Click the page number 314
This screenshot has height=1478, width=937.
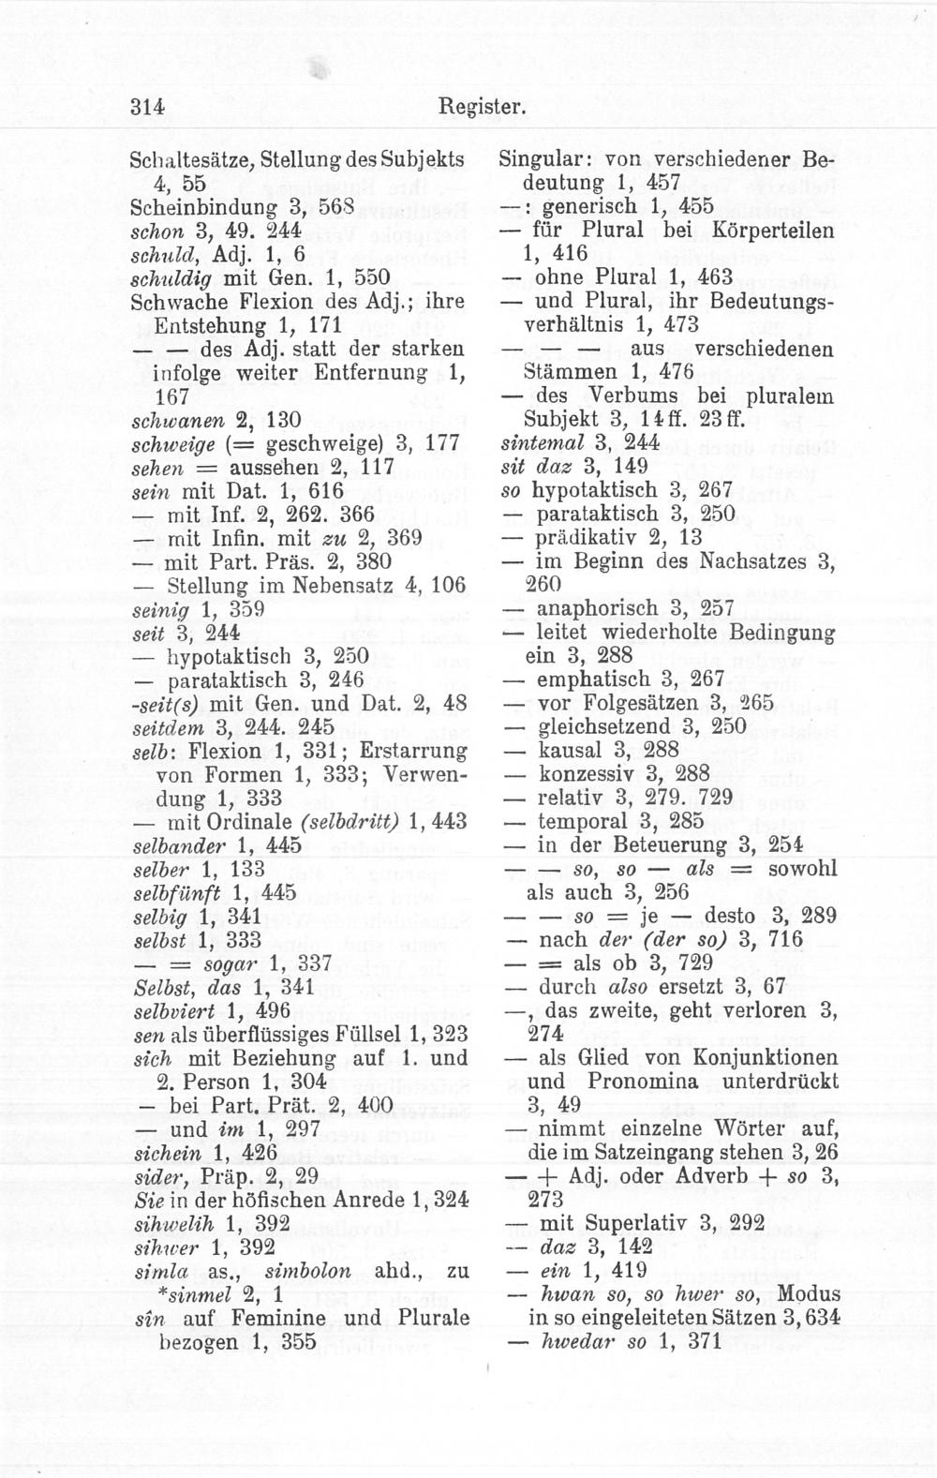[x=148, y=107]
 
